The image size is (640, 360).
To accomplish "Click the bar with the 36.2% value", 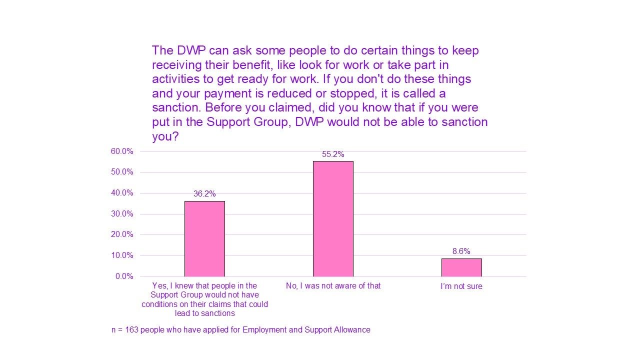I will (x=204, y=238).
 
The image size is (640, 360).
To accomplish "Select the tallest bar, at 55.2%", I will (x=333, y=218).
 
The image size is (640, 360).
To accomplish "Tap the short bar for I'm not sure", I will (x=461, y=267).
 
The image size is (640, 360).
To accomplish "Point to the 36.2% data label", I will (x=204, y=194).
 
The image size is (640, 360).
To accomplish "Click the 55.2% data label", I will (x=333, y=154).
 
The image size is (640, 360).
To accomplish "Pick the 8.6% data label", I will (x=461, y=251).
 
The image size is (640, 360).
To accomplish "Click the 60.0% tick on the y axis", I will (x=122, y=151).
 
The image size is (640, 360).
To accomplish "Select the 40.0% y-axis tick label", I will (x=122, y=193).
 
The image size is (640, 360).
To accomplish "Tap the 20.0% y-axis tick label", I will (x=122, y=234).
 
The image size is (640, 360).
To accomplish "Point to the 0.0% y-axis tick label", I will (x=124, y=276).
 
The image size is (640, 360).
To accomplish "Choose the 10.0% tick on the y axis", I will (x=122, y=255).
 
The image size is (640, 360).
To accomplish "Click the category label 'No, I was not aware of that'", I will (x=333, y=286).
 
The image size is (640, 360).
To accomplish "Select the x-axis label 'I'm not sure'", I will (x=461, y=286).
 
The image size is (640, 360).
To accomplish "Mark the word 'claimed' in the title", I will (x=267, y=107).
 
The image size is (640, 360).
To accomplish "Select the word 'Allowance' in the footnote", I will (x=353, y=330).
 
